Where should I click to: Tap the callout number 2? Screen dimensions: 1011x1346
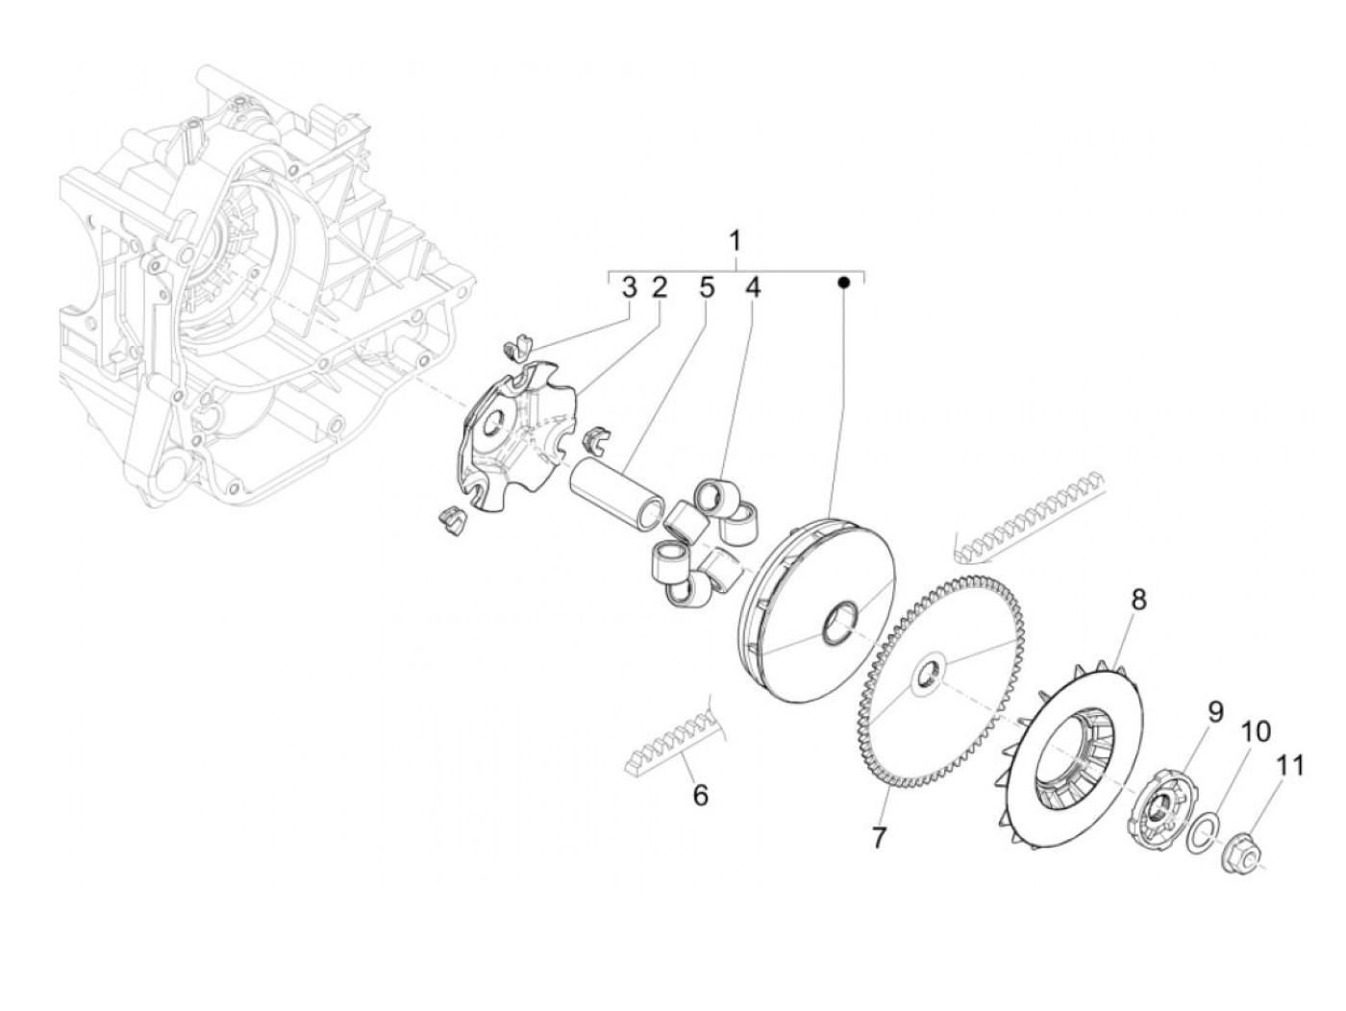pyautogui.click(x=659, y=287)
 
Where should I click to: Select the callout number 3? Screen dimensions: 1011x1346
pyautogui.click(x=628, y=287)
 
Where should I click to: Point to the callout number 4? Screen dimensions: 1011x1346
pyautogui.click(x=752, y=287)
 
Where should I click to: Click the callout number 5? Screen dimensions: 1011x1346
pyautogui.click(x=707, y=287)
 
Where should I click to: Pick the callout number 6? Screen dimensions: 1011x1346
pyautogui.click(x=700, y=796)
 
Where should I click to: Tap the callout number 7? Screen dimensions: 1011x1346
pyautogui.click(x=878, y=838)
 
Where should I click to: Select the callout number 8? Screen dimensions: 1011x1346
pyautogui.click(x=1138, y=601)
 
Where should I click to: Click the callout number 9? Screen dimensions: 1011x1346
pyautogui.click(x=1215, y=712)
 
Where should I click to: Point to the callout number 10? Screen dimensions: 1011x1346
pyautogui.click(x=1255, y=732)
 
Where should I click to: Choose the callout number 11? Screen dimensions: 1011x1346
pyautogui.click(x=1290, y=766)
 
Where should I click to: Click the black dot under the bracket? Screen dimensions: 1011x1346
pyautogui.click(x=843, y=284)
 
